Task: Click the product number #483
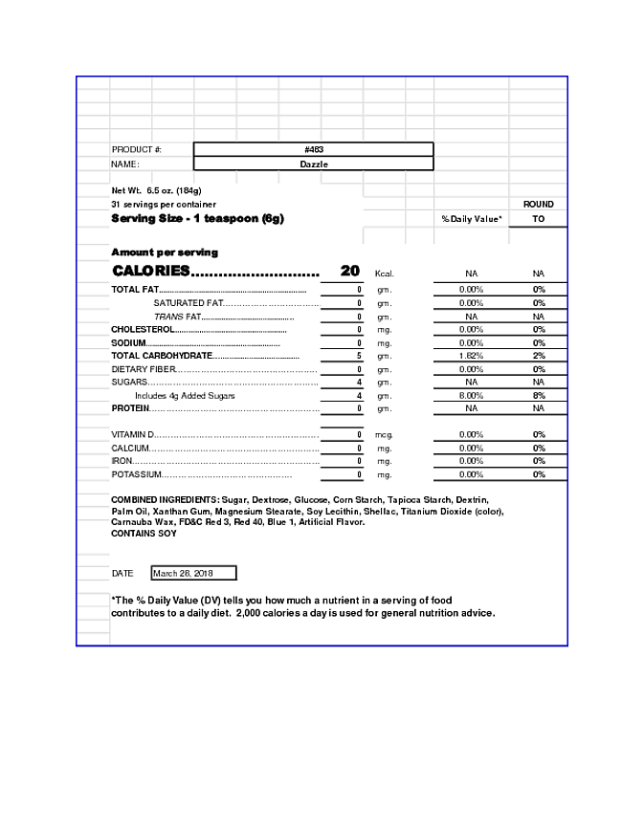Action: click(313, 149)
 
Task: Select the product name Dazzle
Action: click(313, 164)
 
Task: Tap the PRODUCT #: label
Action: click(137, 149)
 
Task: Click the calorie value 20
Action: click(350, 271)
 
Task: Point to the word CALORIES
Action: click(151, 271)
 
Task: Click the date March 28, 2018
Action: click(183, 573)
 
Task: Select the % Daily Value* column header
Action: click(471, 219)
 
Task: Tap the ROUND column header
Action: click(538, 205)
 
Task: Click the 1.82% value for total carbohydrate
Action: click(471, 356)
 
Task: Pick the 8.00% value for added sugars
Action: click(471, 395)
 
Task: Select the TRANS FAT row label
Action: click(178, 317)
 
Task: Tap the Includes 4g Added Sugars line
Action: click(185, 395)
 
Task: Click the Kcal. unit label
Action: click(384, 274)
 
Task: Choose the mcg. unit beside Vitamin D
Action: click(384, 435)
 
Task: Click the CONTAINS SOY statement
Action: click(144, 534)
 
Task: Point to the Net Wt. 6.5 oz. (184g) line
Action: click(156, 190)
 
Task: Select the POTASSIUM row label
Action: click(136, 474)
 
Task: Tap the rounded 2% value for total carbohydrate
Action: click(539, 356)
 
